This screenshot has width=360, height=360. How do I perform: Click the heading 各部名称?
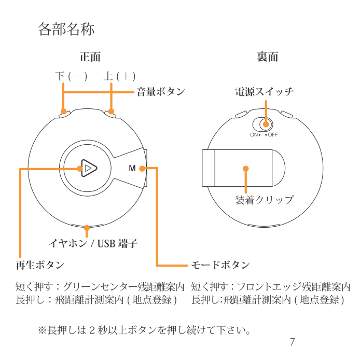[x=66, y=30]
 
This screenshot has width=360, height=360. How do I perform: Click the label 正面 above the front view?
[x=90, y=57]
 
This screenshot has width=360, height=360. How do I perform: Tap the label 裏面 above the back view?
[x=267, y=57]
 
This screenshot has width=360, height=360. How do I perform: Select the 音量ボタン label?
[x=161, y=92]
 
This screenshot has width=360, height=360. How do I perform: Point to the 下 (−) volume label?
[x=71, y=76]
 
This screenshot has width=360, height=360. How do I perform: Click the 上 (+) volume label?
[x=119, y=76]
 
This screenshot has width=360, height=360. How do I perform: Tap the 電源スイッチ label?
[x=264, y=92]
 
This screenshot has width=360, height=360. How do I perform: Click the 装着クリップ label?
[x=264, y=200]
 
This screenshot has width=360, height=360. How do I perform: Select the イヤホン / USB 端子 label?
[x=93, y=243]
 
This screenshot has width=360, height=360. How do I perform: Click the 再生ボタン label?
[x=40, y=265]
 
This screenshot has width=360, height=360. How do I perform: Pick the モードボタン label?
[x=220, y=265]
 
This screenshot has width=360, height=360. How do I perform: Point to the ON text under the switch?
[x=254, y=134]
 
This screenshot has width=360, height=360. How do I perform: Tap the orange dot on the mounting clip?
[x=246, y=169]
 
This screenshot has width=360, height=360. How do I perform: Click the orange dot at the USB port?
[x=87, y=227]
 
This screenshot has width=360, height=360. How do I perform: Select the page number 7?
[x=292, y=342]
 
